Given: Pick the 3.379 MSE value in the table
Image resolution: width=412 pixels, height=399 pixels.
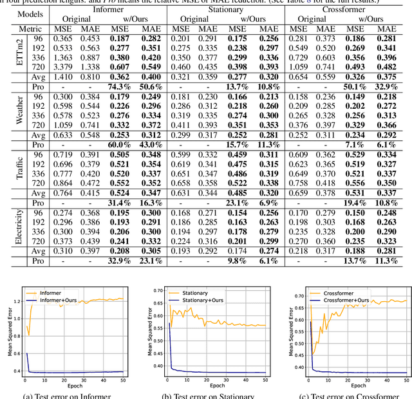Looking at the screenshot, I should tap(62, 66).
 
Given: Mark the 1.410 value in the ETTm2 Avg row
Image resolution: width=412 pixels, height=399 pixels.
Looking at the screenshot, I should tap(62, 76).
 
